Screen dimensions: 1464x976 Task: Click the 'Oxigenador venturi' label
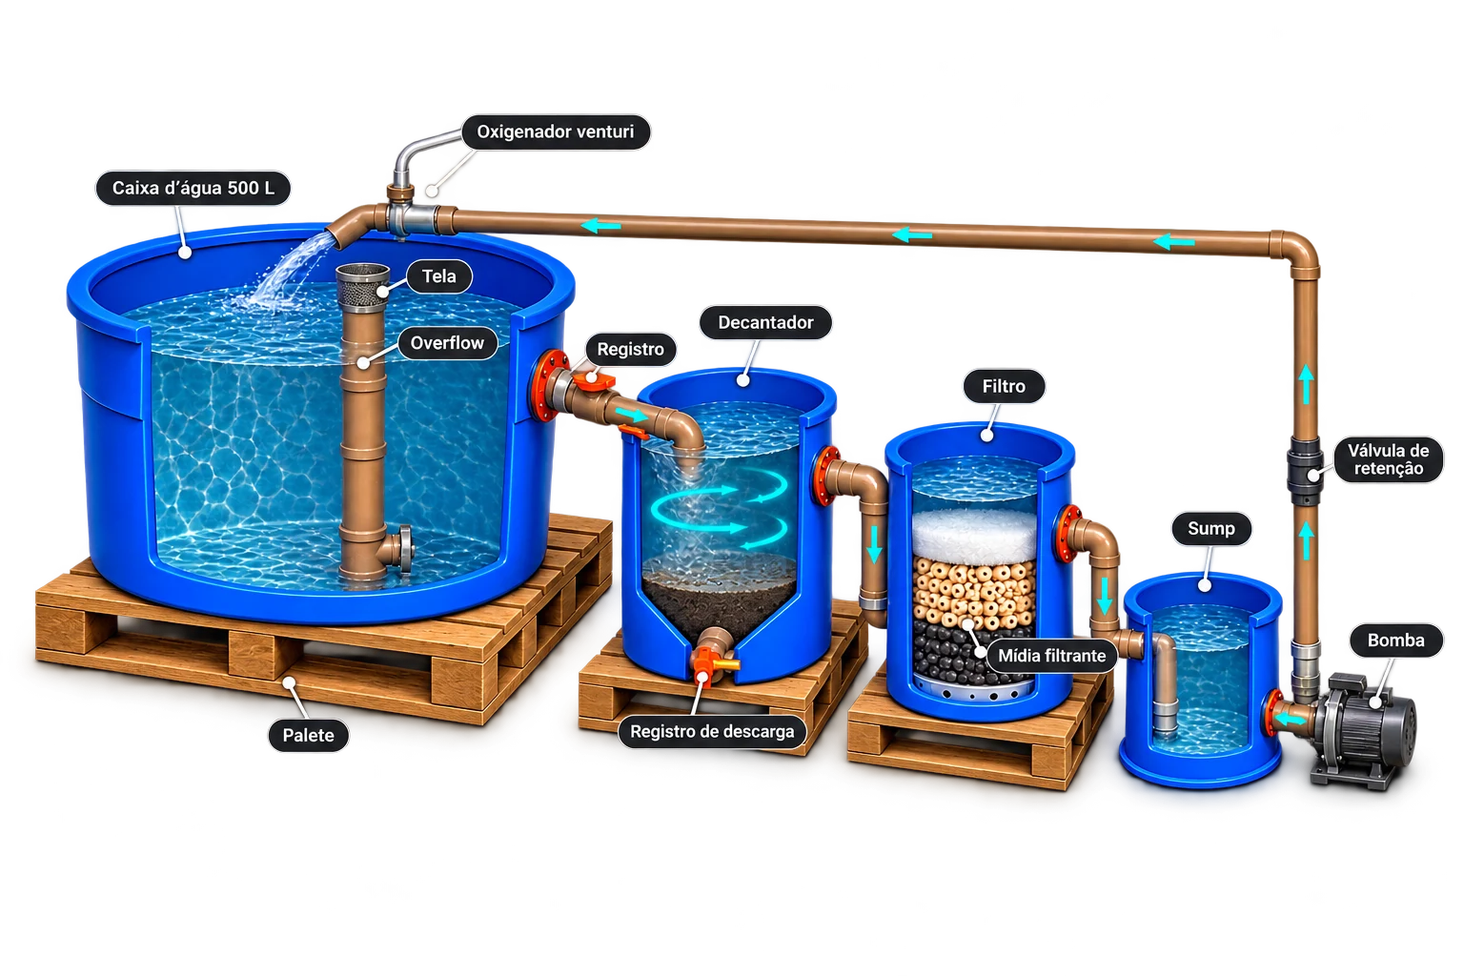coord(556,132)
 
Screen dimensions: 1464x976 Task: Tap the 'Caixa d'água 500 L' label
coord(193,189)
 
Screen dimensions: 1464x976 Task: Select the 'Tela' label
coord(439,276)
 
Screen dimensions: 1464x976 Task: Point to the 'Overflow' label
coord(447,343)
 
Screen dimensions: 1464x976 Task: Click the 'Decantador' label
coord(766,322)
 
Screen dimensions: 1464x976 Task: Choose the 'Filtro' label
coord(1004,386)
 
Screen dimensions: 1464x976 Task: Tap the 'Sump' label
coord(1211,528)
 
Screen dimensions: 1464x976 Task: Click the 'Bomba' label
coord(1396,640)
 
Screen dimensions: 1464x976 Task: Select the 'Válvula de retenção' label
coord(1388,459)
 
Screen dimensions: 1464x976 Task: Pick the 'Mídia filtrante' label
coord(1051,656)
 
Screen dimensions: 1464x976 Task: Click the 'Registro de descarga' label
coord(712,731)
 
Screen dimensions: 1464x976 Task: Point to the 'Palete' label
coord(309,736)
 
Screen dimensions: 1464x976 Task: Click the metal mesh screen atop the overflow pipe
coord(363,284)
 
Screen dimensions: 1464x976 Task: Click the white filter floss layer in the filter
coord(974,534)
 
